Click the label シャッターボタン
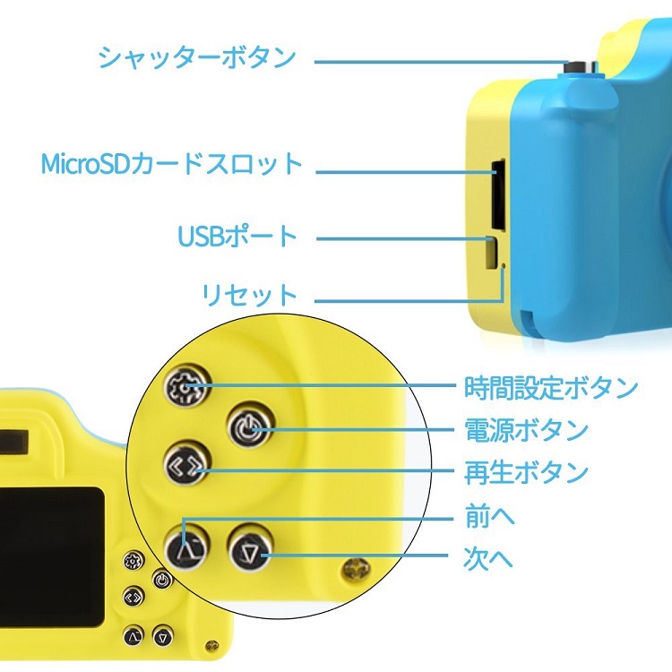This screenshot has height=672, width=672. [197, 58]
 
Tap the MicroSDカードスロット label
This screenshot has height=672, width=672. [172, 164]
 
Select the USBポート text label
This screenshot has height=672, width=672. [237, 237]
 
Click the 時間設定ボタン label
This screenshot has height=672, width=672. [551, 387]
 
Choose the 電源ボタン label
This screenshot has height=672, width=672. [526, 430]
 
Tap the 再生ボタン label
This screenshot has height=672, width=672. [526, 472]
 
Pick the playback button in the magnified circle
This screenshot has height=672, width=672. [186, 466]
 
